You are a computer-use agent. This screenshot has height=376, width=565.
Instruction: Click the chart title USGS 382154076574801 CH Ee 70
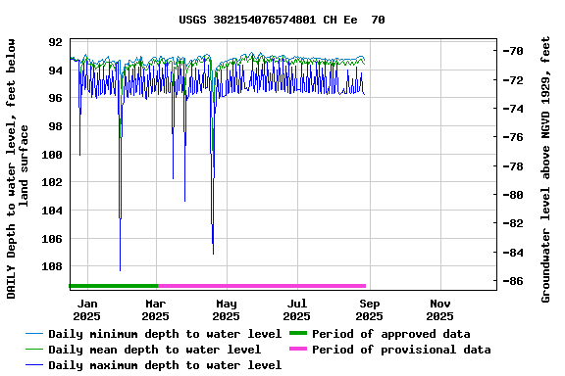click(x=282, y=20)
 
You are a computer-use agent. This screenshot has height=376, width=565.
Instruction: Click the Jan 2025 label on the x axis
click(x=86, y=310)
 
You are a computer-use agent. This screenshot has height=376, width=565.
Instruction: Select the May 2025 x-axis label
click(x=226, y=310)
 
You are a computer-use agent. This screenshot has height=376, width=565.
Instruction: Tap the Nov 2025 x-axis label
click(x=439, y=310)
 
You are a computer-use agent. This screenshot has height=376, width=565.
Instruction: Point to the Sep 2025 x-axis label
click(x=369, y=310)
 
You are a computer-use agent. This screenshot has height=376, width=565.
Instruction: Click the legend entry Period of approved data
click(x=390, y=334)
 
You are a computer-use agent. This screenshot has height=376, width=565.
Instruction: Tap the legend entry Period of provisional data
click(x=400, y=350)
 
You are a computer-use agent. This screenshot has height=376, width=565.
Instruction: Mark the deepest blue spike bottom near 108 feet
click(x=120, y=269)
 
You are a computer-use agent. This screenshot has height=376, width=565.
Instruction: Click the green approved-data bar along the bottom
click(x=113, y=286)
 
